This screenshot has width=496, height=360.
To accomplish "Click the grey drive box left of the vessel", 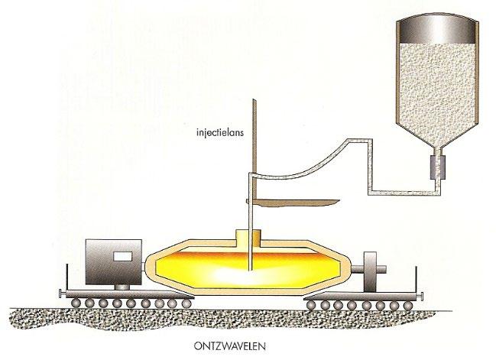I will click(x=114, y=260).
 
